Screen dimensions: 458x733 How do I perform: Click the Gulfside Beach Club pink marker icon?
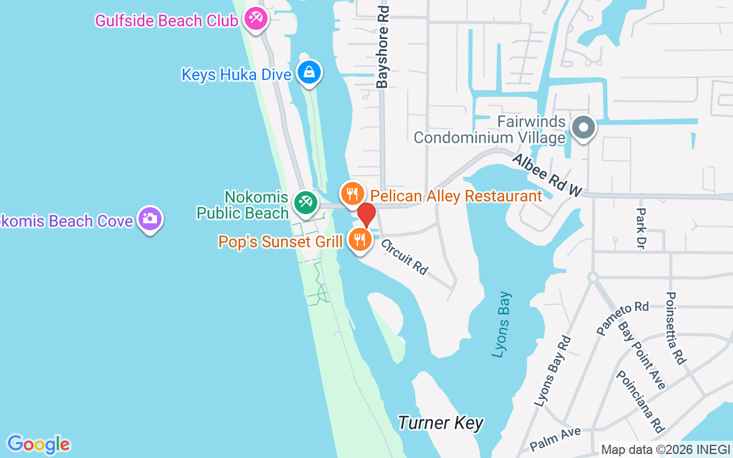[254, 18]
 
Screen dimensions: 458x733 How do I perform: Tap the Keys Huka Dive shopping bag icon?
[309, 73]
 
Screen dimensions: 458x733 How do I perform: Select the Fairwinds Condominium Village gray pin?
[584, 127]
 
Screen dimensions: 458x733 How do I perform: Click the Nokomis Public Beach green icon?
[306, 202]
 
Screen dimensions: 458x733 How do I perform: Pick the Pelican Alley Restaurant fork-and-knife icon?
[353, 193]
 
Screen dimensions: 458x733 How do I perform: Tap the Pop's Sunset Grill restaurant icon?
[360, 240]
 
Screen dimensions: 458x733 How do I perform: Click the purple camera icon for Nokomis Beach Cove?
[150, 218]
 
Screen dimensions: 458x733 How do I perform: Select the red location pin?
[366, 215]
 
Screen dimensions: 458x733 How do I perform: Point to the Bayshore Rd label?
[382, 47]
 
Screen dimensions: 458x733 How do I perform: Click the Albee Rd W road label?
[546, 175]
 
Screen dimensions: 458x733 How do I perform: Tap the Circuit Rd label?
[404, 256]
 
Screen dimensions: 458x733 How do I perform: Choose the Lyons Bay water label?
[502, 325]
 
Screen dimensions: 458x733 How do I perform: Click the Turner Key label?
[440, 423]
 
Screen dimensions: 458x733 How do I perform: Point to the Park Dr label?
[641, 228]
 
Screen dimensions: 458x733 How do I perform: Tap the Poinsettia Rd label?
[675, 328]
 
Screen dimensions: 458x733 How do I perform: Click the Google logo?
[38, 444]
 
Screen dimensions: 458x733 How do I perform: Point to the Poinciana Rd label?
[640, 401]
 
